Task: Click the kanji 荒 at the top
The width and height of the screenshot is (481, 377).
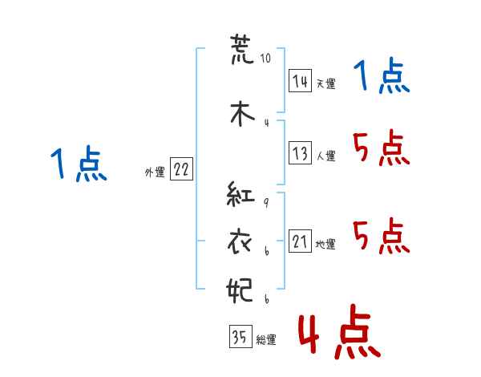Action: tap(242, 49)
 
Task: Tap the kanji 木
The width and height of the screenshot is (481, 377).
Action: tap(242, 113)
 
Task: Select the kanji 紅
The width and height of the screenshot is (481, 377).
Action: tap(240, 193)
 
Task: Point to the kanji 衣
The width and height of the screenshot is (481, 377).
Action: tap(240, 242)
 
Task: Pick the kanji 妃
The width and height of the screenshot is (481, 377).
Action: tap(240, 290)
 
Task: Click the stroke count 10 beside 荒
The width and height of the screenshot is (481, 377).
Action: tap(265, 58)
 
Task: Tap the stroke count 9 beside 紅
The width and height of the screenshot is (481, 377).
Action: tap(267, 202)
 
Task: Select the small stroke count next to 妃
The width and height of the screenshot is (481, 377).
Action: tap(267, 299)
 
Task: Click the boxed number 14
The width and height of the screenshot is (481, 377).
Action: tap(300, 81)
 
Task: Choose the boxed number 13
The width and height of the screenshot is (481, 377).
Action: tap(300, 152)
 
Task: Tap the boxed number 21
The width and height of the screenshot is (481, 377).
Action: tap(300, 241)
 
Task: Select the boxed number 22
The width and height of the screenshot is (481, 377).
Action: tap(181, 168)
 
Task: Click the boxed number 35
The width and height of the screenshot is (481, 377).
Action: tap(240, 336)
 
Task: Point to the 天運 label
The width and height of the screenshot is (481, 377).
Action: tap(325, 83)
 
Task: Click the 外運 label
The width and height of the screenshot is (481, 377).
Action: tap(155, 172)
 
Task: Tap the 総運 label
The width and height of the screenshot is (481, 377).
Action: tap(266, 340)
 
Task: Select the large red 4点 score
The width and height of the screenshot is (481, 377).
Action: tap(339, 331)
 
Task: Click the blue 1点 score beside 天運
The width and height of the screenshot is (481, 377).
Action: tap(382, 76)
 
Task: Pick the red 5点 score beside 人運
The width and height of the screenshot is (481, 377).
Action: tap(382, 148)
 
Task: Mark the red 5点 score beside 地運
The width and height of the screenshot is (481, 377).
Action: tap(382, 236)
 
